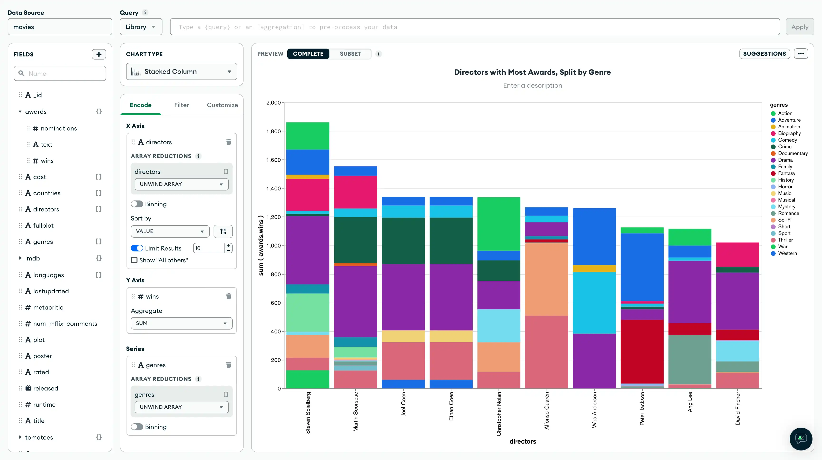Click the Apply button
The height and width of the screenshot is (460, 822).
coord(799,27)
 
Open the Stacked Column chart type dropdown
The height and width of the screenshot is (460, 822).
coord(181,72)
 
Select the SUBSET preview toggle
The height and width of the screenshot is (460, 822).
coord(350,54)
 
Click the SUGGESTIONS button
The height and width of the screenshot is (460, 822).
coord(764,54)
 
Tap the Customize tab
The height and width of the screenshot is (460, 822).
coord(222,105)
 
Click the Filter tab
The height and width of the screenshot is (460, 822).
coord(181,105)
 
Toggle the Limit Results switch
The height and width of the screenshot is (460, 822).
coord(137,248)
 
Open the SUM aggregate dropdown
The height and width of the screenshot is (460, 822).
coord(181,323)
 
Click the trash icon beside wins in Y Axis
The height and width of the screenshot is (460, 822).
coord(229,296)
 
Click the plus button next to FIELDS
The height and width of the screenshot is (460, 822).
coord(99,54)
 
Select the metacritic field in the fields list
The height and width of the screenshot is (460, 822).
coord(48,307)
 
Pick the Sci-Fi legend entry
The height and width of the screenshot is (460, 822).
coord(784,220)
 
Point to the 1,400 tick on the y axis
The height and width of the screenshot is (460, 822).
coord(274,189)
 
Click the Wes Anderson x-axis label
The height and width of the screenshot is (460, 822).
coord(594,410)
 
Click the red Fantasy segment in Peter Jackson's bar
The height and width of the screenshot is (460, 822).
coord(642,351)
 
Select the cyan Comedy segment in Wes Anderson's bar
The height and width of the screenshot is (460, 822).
coord(594,303)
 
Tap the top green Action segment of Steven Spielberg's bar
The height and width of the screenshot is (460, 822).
coord(308,136)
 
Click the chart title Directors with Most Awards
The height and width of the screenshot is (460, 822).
coord(532,72)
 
